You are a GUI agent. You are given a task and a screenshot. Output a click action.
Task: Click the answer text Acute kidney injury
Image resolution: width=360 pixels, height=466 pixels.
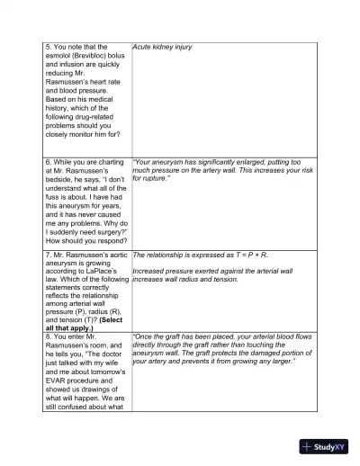162,46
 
